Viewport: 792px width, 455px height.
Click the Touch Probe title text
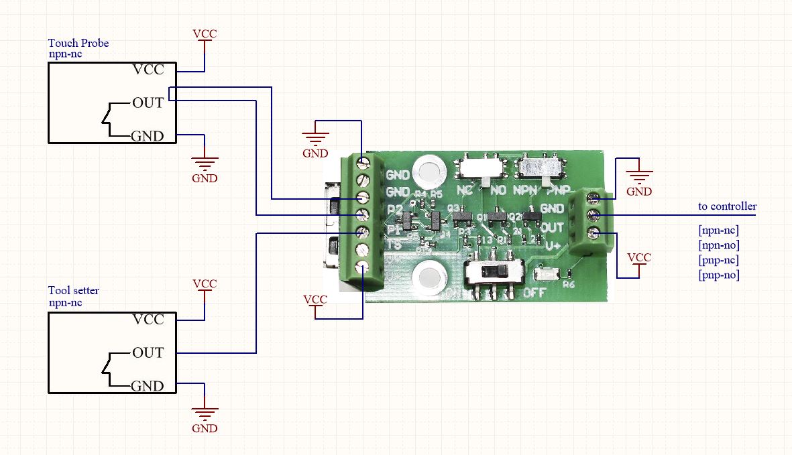[78, 44]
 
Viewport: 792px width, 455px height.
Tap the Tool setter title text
[73, 291]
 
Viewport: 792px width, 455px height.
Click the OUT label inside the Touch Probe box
[148, 103]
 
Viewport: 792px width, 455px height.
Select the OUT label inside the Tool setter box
[148, 353]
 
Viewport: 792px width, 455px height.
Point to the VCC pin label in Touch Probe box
[148, 70]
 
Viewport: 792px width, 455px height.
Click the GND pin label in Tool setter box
[148, 387]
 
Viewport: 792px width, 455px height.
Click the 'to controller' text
[727, 206]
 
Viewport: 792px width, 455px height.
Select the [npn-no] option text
[719, 245]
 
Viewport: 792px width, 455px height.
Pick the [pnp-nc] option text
[719, 260]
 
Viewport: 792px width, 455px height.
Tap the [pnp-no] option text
[719, 275]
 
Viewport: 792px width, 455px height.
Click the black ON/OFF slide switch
[495, 273]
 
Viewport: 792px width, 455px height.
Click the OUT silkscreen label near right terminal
[552, 228]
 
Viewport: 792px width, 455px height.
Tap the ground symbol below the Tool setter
[205, 410]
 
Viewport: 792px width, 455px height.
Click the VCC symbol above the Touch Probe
[205, 36]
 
